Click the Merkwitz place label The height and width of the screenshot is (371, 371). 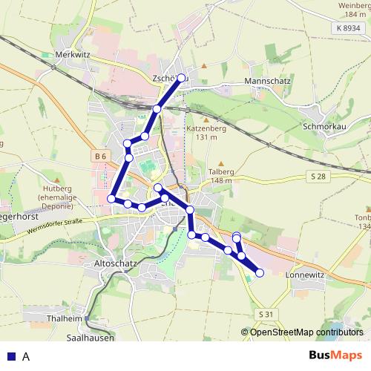(x=73, y=54)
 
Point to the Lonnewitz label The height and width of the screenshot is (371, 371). (x=306, y=274)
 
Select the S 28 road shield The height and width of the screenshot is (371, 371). (x=317, y=175)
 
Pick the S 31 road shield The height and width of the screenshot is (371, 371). (x=267, y=315)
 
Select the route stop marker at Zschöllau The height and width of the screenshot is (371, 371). (x=180, y=77)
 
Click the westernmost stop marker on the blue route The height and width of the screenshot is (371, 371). (x=112, y=198)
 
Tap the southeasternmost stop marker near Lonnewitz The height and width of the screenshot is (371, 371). (x=260, y=273)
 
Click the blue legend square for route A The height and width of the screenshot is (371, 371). (x=11, y=356)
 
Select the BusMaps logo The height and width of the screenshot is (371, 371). (x=336, y=356)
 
